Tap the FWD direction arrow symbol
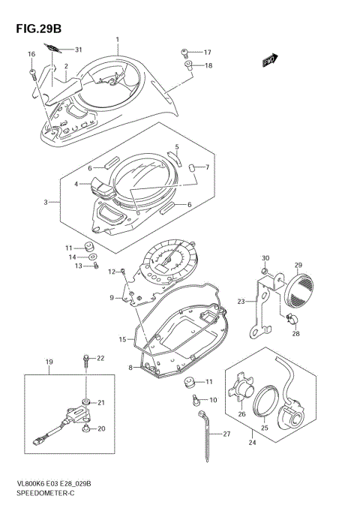271,61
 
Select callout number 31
77,50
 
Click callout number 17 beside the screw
208,53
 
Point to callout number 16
31,54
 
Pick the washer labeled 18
190,66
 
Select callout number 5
177,147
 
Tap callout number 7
207,167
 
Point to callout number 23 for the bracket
241,302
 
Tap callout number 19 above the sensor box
49,362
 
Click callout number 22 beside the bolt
100,357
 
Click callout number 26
241,413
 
